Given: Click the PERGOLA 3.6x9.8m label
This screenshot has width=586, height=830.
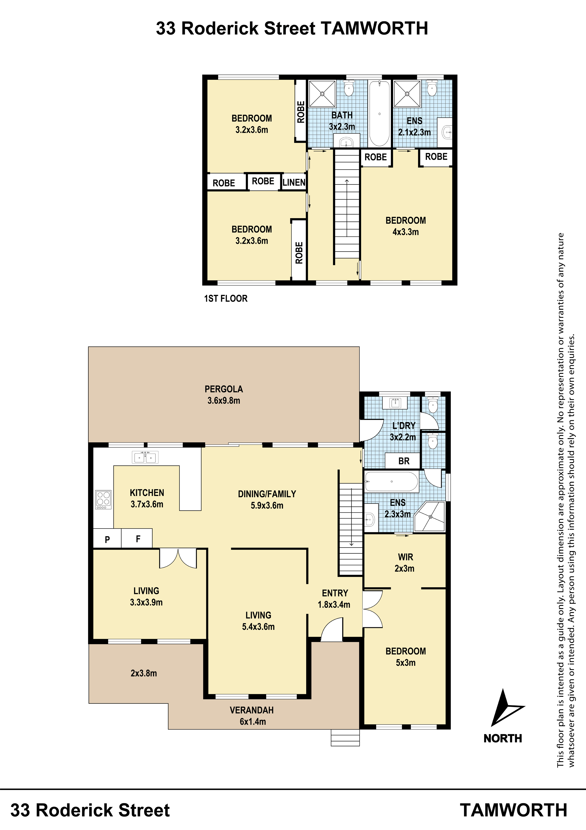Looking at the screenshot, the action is [x=224, y=395].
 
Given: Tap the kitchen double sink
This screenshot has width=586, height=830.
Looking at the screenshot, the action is [x=145, y=457].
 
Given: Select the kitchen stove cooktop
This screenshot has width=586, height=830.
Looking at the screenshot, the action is [x=103, y=500].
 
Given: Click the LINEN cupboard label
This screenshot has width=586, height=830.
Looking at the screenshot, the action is [x=294, y=183].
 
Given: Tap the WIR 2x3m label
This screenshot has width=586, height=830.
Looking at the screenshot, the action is [x=405, y=562].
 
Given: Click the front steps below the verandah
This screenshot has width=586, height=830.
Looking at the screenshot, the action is [x=345, y=737].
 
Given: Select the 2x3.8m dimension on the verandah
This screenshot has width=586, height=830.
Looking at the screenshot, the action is [x=144, y=673].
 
